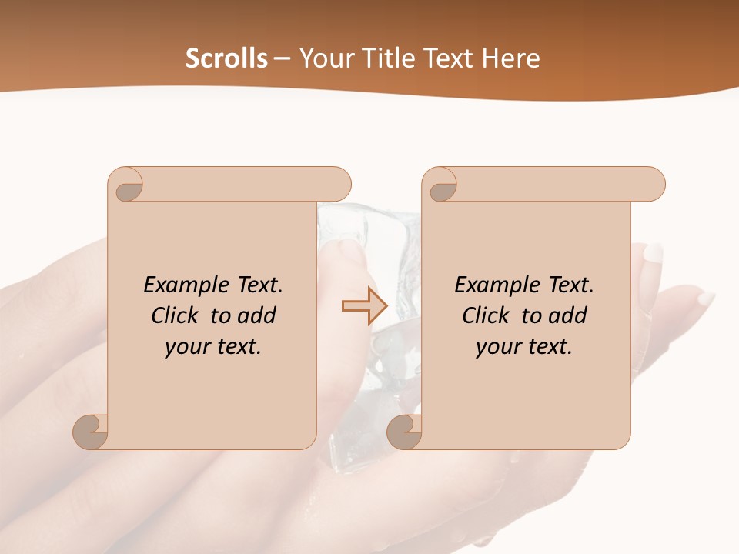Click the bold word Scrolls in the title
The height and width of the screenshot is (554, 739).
point(227,58)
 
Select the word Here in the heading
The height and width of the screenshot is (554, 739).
point(511,58)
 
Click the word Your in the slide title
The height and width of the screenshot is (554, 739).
point(326,58)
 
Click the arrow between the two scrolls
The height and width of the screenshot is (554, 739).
point(364,306)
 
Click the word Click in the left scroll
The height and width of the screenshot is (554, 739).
point(176,315)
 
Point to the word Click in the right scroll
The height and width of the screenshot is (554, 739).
point(486,315)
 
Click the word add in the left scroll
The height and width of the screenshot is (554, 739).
point(258,315)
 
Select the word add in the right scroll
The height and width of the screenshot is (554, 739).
point(569,315)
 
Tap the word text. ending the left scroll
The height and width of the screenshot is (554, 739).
point(237,347)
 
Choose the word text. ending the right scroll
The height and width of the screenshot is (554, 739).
point(548,347)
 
